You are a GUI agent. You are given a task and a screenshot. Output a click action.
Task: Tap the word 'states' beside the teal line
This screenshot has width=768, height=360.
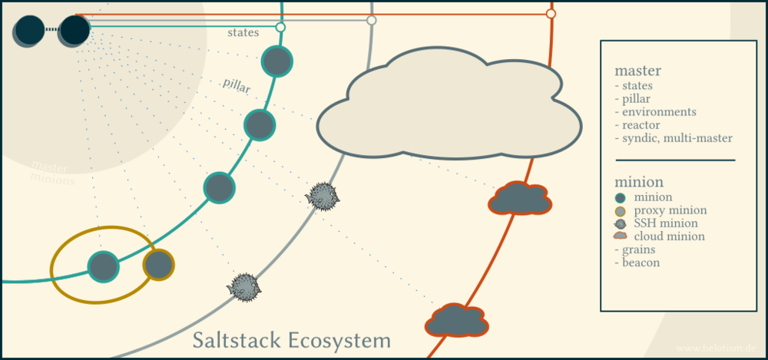tap(243, 32)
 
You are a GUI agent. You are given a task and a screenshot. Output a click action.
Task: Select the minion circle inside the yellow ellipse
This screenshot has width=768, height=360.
tap(103, 266)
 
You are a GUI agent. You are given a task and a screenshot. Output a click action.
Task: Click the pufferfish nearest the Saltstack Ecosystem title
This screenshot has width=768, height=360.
tap(246, 286)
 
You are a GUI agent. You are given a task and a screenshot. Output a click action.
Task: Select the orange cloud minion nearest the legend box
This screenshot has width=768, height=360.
tap(520, 199)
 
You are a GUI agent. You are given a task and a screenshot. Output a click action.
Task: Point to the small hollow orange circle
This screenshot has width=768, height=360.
tap(551, 14)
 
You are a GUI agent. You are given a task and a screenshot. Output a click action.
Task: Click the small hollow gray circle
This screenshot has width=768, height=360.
tap(372, 20)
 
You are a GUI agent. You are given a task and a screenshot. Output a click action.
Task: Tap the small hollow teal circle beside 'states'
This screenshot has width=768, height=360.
tap(280, 28)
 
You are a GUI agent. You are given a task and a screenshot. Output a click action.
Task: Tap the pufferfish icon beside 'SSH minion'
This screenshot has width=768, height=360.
tap(621, 223)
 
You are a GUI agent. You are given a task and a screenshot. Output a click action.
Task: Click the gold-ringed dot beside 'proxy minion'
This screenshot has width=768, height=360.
tap(621, 210)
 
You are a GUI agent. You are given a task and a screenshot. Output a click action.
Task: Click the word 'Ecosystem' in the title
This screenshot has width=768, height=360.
tap(338, 339)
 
